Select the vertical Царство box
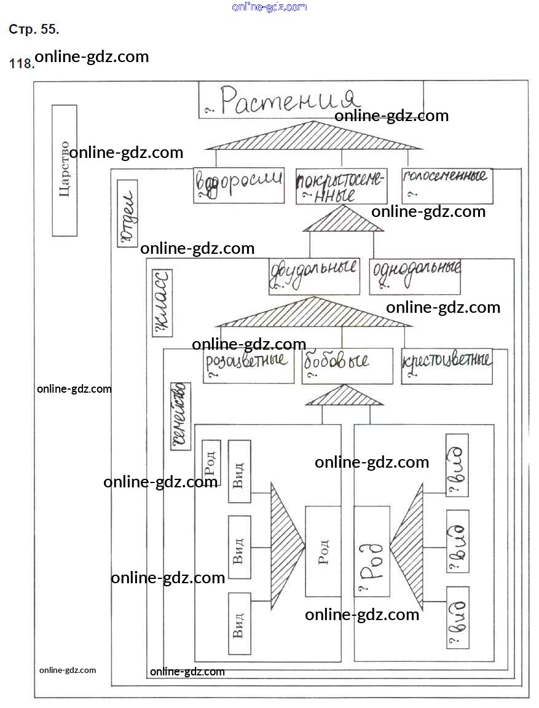(x=65, y=170)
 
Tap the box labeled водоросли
(x=238, y=185)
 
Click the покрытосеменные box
(x=341, y=186)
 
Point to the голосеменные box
(x=447, y=186)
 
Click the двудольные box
(x=314, y=277)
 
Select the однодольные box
(x=415, y=277)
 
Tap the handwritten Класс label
(x=162, y=303)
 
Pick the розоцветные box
(x=249, y=366)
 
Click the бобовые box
(x=347, y=366)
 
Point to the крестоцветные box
(x=447, y=367)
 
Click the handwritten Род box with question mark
(x=372, y=551)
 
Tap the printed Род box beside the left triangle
(x=323, y=551)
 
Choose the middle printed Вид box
(x=239, y=547)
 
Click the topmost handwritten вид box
(x=457, y=465)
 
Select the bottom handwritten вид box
(x=457, y=618)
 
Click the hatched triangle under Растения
(x=313, y=136)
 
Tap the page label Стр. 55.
(x=34, y=29)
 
